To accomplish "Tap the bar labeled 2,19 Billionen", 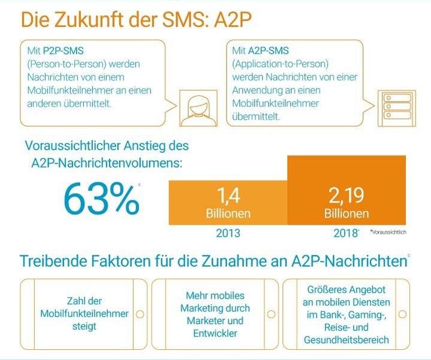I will pyautogui.click(x=347, y=192).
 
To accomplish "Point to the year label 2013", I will pyautogui.click(x=228, y=233).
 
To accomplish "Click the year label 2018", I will pyautogui.click(x=346, y=233).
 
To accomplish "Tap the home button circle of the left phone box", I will pyautogui.click(x=140, y=314).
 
